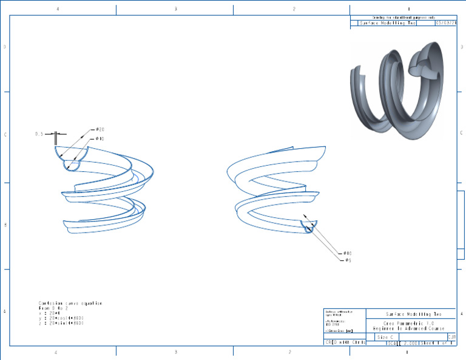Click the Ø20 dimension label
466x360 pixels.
coord(101,129)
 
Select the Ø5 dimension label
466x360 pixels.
coord(348,260)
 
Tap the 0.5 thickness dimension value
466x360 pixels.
coord(39,134)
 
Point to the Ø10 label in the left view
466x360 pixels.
coord(99,139)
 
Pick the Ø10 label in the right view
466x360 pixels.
coord(348,253)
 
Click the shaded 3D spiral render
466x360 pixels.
coord(398,90)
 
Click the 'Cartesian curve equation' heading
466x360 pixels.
coord(70,303)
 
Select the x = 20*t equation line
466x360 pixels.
coord(49,313)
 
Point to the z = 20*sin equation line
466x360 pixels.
coord(61,324)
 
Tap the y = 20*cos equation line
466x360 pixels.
coord(61,318)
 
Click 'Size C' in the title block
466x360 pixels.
coord(385,336)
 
